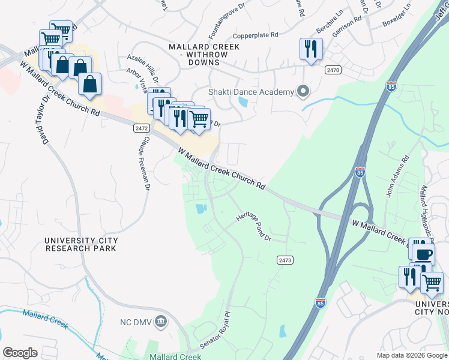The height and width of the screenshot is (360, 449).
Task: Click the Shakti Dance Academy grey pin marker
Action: tap(303, 92)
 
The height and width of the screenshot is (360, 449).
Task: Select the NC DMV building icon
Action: tap(160, 320)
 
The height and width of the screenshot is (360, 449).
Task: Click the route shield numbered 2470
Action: tap(333, 70)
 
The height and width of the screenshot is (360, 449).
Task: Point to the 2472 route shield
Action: tap(140, 128)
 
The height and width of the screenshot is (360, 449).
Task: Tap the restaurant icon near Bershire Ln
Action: tap(311, 49)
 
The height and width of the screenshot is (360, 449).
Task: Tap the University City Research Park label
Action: tap(81, 244)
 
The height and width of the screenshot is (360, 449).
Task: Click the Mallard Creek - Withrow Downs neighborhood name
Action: tap(198, 54)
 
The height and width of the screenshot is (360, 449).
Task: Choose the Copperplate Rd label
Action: tap(255, 35)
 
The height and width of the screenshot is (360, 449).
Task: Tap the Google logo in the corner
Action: tap(20, 352)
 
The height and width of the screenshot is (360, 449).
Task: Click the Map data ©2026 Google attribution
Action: tap(411, 355)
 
